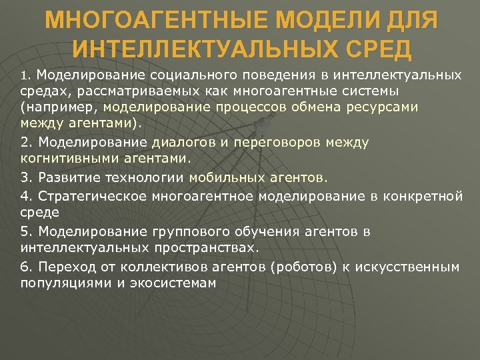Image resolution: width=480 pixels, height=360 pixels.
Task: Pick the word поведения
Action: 265,75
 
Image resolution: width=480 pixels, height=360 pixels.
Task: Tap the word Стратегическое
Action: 93,195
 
